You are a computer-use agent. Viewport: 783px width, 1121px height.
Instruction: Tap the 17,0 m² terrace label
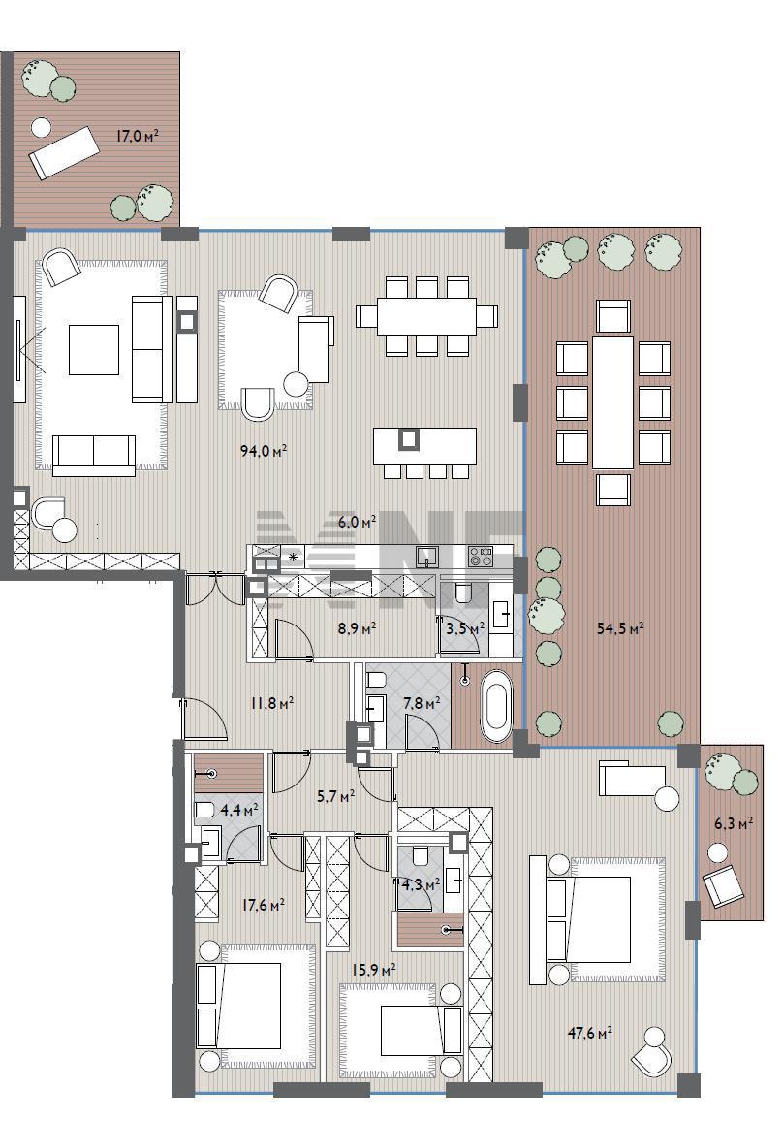[138, 135]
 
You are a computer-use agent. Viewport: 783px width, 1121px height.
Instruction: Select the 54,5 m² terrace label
[620, 628]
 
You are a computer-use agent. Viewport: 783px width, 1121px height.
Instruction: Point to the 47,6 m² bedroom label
[589, 1033]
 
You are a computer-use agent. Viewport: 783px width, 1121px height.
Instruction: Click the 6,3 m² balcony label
[734, 823]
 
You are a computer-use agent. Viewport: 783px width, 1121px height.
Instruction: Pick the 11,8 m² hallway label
[271, 703]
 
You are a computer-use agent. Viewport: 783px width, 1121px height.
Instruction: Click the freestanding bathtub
[496, 706]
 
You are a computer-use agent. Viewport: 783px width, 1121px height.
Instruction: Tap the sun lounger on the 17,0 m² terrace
[64, 152]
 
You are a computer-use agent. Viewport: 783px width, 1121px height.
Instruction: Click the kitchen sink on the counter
[427, 556]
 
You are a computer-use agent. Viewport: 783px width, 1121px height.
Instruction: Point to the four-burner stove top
[480, 556]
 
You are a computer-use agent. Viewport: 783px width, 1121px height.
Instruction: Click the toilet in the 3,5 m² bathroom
[463, 593]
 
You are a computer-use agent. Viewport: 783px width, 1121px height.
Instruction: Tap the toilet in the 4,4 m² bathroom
[203, 810]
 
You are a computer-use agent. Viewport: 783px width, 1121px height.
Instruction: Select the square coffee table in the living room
[94, 350]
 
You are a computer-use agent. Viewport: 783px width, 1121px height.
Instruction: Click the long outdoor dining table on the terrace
[613, 402]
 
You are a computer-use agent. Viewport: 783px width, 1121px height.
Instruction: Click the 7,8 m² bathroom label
[422, 703]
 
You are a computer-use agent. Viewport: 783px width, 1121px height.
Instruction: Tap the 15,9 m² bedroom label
[374, 970]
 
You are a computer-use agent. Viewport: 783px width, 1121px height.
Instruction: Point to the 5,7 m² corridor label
[335, 796]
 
